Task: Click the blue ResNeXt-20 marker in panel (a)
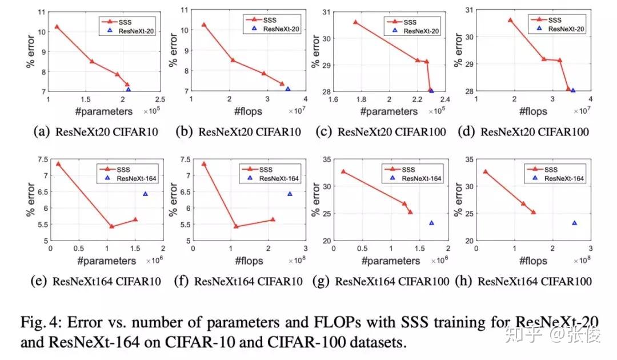(129, 90)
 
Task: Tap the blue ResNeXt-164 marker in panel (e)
(145, 194)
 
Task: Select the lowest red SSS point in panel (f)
(235, 226)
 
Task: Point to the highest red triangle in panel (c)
(355, 22)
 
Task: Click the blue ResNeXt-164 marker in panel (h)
(574, 223)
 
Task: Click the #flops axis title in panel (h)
(533, 261)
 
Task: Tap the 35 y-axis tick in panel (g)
(325, 158)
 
